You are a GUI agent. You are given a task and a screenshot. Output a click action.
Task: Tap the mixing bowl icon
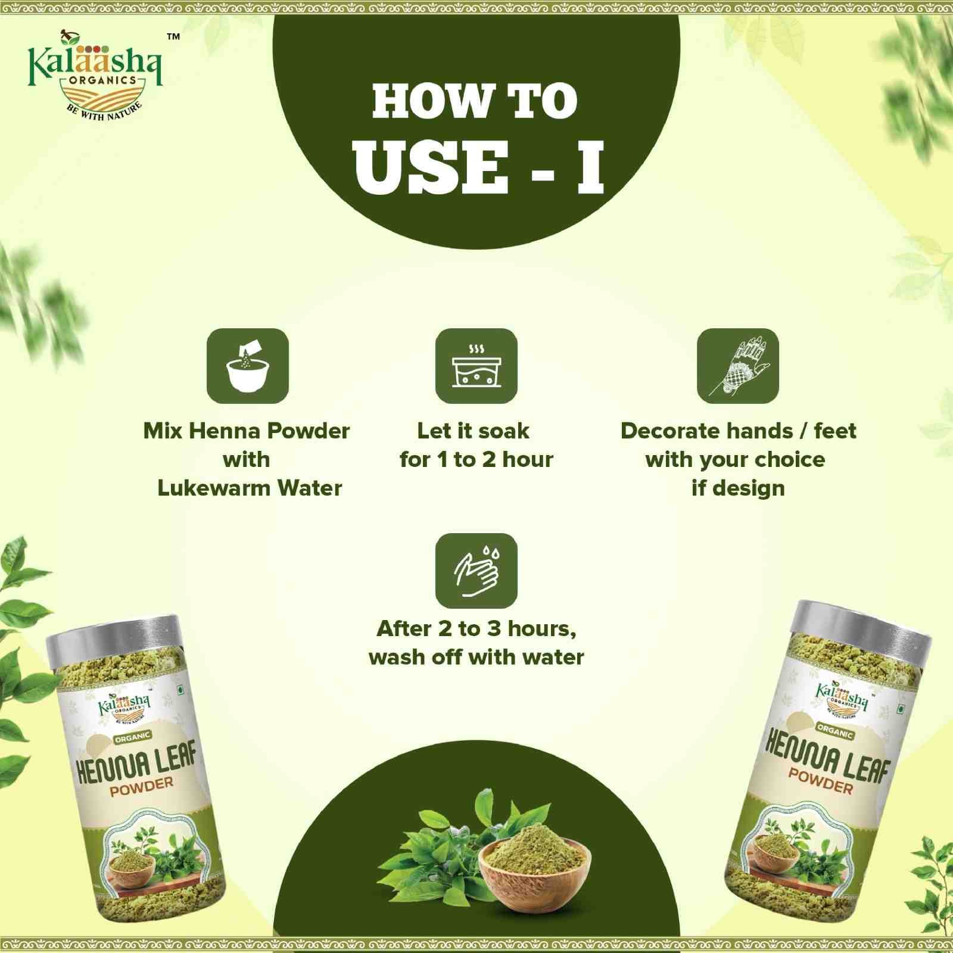point(248,366)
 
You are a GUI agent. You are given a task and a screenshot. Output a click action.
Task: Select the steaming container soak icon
point(476,366)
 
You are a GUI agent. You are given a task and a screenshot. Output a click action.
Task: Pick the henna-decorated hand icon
point(738,366)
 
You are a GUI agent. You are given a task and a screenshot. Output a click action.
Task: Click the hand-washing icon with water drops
point(476,571)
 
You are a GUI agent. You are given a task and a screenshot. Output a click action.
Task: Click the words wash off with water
point(476,657)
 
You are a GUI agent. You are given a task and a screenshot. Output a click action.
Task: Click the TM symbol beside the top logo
point(173,37)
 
